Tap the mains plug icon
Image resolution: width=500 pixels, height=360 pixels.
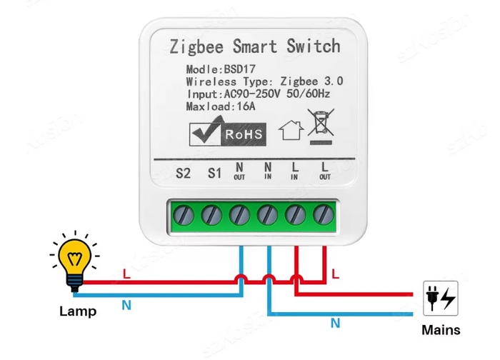440,298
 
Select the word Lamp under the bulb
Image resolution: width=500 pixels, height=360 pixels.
78,311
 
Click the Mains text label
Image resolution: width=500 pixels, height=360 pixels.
441,330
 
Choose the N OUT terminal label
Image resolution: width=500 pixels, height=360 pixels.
239,171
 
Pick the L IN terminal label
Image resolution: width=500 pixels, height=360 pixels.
294,171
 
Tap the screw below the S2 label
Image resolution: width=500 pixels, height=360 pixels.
183,214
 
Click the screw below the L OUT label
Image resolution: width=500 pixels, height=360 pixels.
324,214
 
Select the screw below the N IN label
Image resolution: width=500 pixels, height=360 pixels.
268,214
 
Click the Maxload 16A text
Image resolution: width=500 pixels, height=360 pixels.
221,106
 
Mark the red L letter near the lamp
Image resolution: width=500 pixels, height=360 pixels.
126,274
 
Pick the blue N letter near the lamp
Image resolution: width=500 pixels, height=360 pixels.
126,305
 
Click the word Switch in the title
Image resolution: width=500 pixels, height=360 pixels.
313,47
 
